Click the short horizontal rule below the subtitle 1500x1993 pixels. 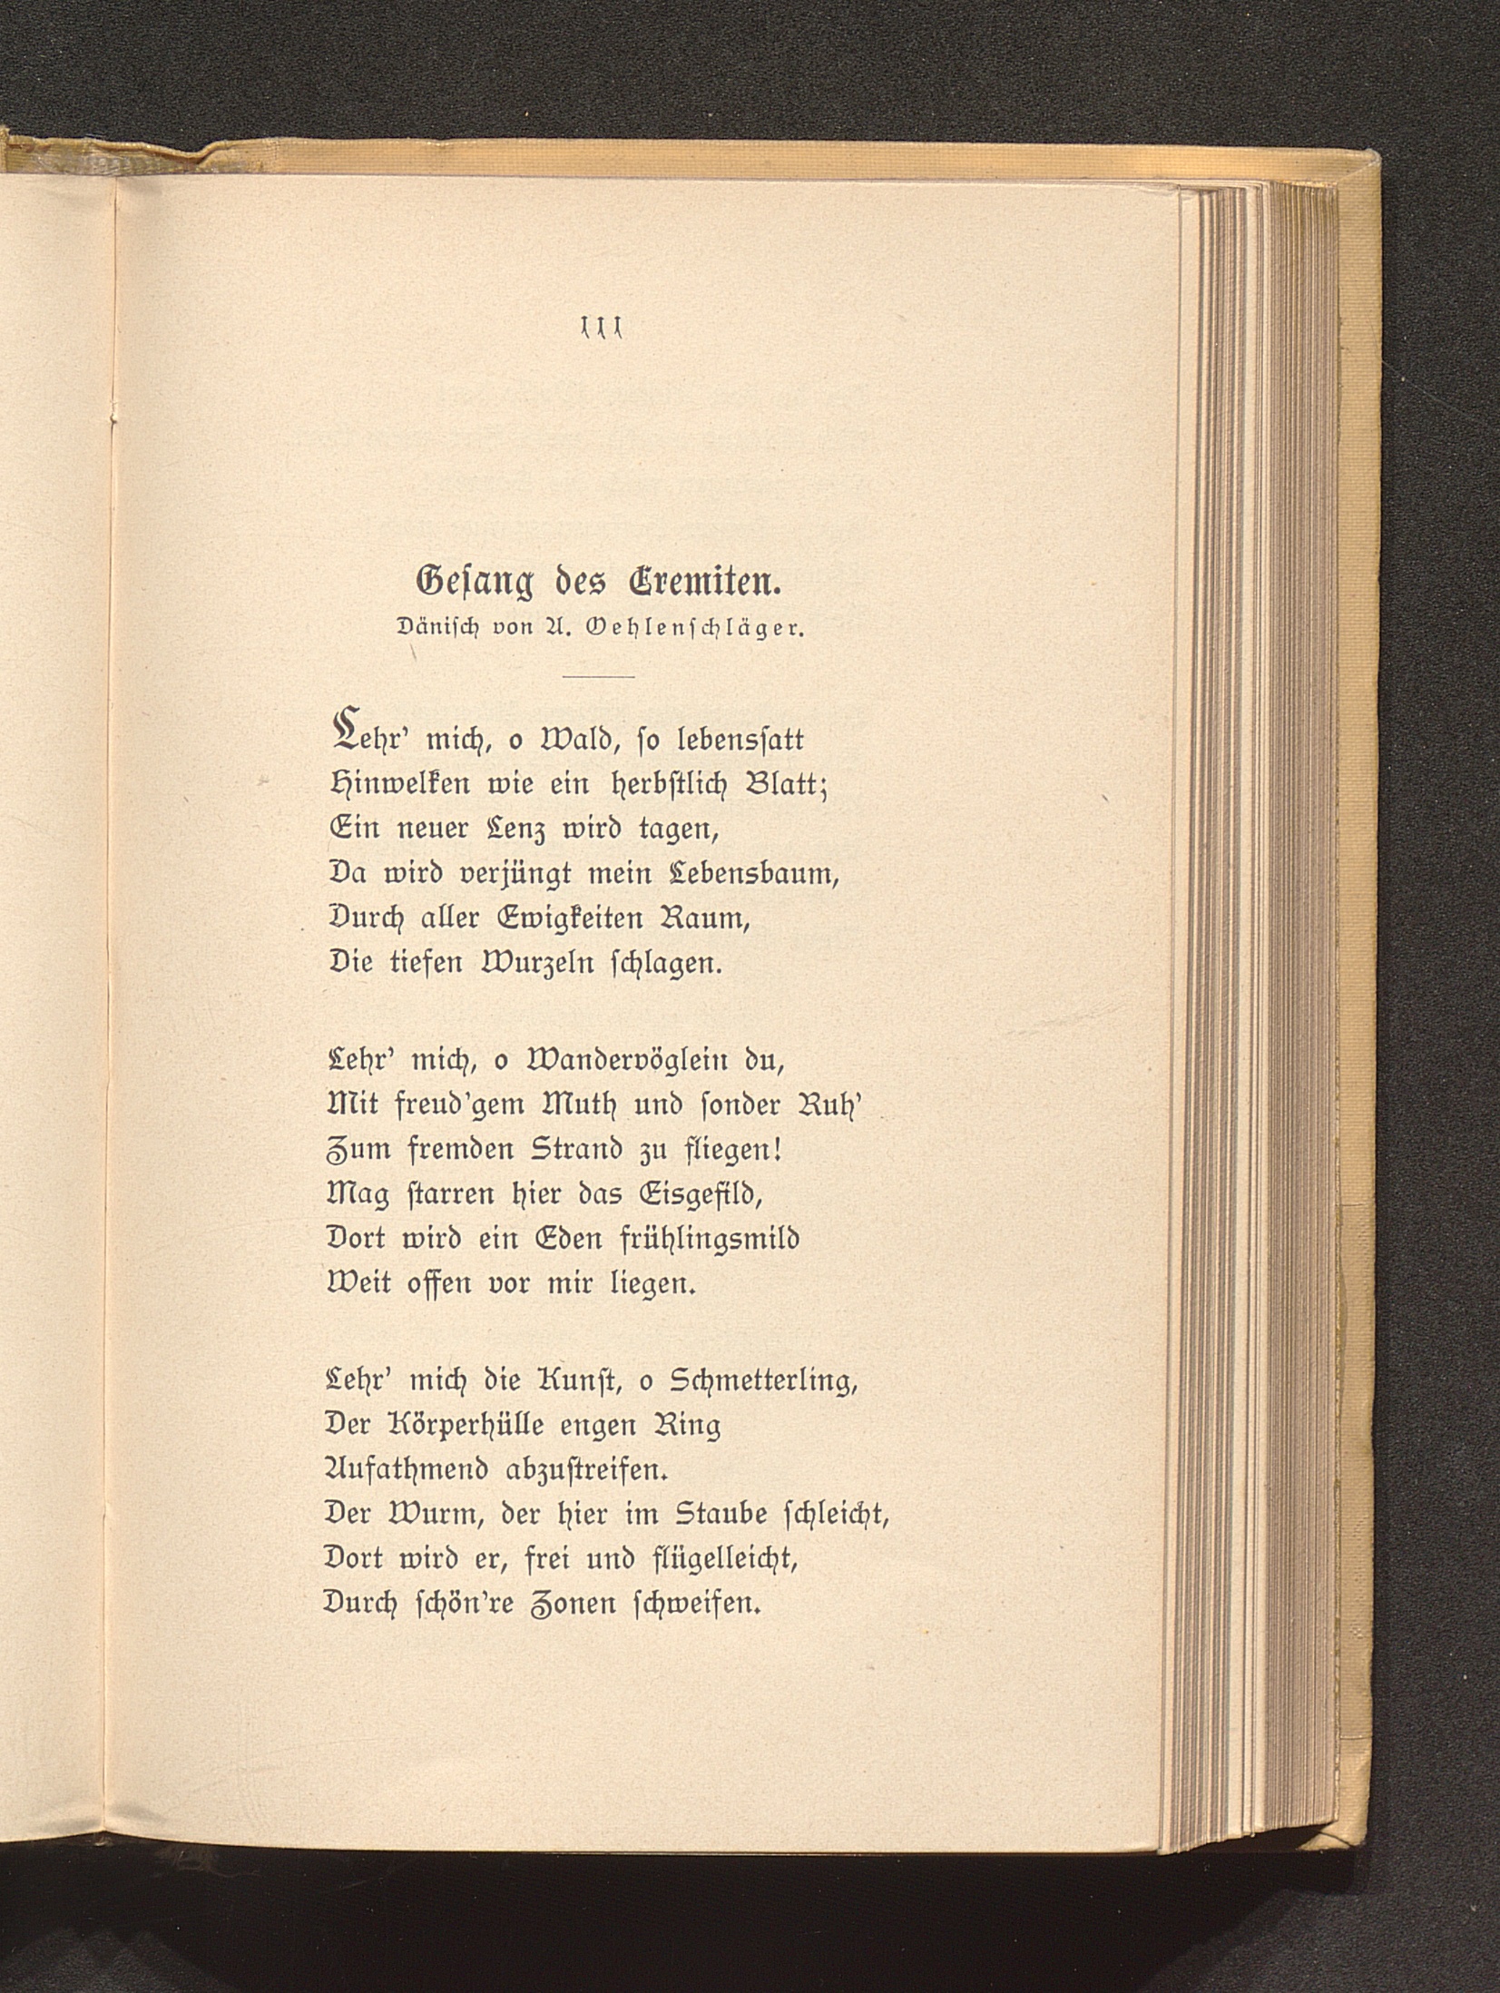598,677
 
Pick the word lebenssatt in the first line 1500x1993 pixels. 740,741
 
